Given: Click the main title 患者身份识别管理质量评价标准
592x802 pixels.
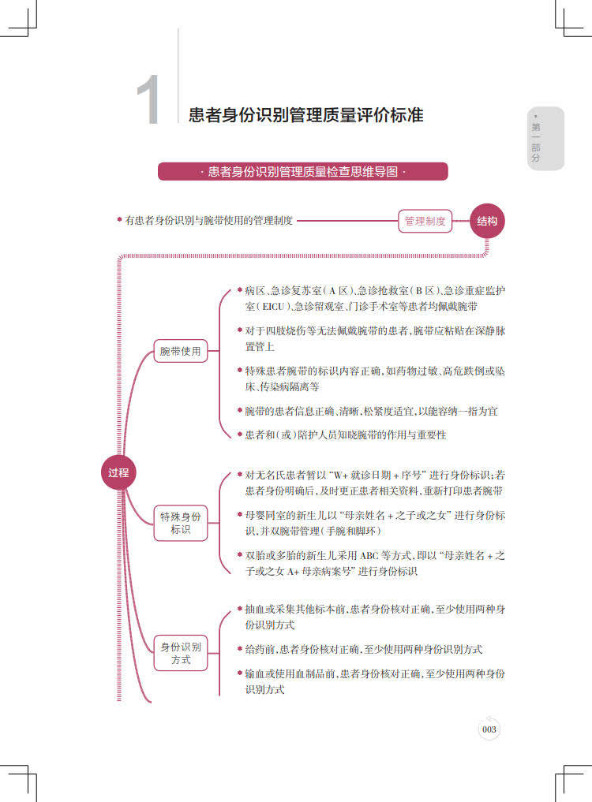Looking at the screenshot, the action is (306, 115).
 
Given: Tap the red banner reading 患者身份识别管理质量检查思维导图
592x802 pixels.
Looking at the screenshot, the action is (302, 172).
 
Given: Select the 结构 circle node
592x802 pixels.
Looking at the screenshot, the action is (487, 222).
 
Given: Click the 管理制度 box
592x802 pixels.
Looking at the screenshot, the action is (425, 222).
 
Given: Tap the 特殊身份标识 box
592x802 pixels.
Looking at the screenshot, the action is (180, 524).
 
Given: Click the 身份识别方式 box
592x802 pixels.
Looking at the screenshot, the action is (180, 653).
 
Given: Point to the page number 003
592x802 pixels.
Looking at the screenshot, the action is (489, 729).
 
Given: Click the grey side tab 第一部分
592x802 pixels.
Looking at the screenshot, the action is (537, 139).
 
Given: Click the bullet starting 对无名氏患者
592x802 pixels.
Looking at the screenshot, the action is (374, 483).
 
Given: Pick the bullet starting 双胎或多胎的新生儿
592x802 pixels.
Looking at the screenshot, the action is (374, 563).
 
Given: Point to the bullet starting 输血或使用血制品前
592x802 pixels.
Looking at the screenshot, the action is (374, 682).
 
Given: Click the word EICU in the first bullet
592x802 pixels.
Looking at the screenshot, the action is (273, 306).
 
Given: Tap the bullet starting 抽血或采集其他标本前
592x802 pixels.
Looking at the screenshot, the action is (374, 617).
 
